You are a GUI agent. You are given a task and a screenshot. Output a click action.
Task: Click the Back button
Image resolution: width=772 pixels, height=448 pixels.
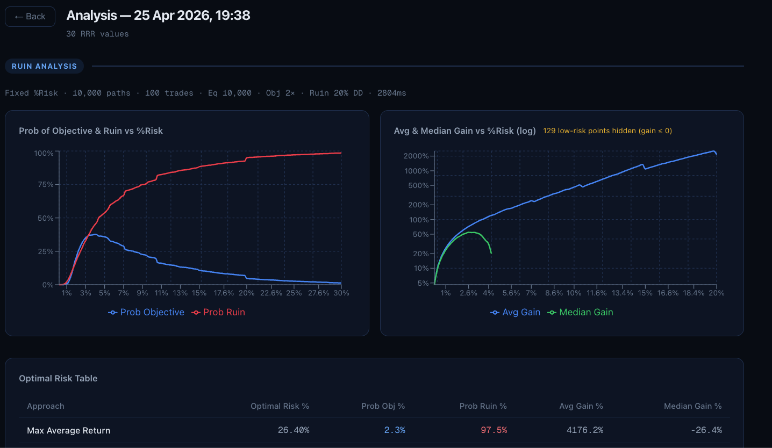click(x=30, y=17)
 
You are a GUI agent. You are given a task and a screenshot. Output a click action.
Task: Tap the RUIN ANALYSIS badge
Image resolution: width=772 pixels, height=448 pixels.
click(x=44, y=66)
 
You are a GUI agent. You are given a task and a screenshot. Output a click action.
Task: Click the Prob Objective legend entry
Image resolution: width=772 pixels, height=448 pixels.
click(x=146, y=312)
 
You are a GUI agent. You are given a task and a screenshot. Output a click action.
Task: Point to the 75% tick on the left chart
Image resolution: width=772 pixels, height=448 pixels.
click(x=44, y=184)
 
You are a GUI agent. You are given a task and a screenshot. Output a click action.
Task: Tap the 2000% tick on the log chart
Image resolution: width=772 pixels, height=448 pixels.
click(x=417, y=156)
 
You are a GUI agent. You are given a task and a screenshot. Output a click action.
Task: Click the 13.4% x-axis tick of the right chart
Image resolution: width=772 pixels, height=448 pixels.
click(x=623, y=293)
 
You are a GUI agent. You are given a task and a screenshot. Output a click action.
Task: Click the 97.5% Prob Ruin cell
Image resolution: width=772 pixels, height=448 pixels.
click(x=494, y=430)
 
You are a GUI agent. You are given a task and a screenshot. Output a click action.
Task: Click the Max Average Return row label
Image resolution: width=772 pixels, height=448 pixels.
click(x=69, y=430)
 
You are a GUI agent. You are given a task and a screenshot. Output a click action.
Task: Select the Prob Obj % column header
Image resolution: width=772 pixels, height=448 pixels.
click(x=383, y=406)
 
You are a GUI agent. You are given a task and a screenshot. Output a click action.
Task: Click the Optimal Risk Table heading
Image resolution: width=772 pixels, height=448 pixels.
click(x=58, y=378)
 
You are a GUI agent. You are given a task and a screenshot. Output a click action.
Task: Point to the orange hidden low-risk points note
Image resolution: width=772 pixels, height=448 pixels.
click(x=607, y=131)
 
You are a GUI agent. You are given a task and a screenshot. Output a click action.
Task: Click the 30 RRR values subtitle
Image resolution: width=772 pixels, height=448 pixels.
click(x=97, y=34)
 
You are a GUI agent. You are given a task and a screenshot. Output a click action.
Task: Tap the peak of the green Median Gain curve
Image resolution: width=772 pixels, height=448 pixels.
click(x=471, y=232)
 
